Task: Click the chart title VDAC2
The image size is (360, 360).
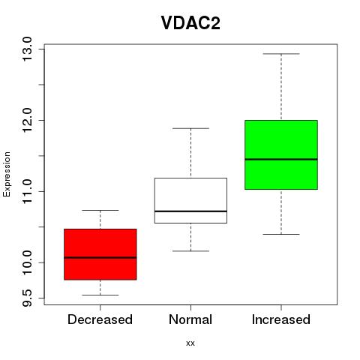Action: (190, 23)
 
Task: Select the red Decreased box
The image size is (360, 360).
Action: (100, 254)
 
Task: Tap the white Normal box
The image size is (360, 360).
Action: (190, 200)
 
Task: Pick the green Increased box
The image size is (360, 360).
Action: (281, 154)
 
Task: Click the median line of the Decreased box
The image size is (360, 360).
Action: (100, 257)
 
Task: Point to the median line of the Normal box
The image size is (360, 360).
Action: (190, 211)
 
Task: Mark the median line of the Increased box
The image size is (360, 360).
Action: (281, 159)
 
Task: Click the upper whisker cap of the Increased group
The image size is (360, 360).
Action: (281, 54)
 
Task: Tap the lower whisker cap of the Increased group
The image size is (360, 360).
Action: (281, 234)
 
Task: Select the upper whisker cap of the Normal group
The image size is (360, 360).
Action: (190, 128)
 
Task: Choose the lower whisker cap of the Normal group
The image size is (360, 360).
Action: (190, 251)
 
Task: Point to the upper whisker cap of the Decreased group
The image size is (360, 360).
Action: (100, 210)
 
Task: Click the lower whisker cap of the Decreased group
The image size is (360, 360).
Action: (100, 295)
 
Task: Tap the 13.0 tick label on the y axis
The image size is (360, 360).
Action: (27, 49)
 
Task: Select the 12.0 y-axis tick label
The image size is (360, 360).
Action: (27, 120)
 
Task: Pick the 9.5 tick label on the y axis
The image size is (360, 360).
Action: (27, 298)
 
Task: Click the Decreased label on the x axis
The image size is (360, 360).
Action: (100, 319)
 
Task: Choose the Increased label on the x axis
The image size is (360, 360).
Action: (281, 319)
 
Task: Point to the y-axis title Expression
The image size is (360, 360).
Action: (7, 174)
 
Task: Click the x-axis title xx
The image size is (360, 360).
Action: (190, 343)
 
